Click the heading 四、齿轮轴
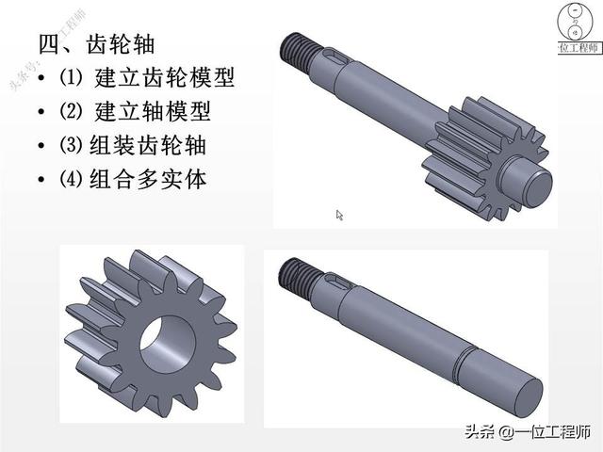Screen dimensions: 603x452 pyautogui.click(x=96, y=44)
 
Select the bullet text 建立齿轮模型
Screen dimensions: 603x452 pyautogui.click(x=165, y=77)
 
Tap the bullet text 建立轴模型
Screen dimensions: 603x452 pyautogui.click(x=153, y=111)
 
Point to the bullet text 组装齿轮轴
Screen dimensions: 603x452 pyautogui.click(x=148, y=145)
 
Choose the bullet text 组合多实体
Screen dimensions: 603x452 pyautogui.click(x=148, y=179)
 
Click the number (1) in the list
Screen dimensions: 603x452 pyautogui.click(x=71, y=77)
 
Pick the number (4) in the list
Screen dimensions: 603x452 pyautogui.click(x=71, y=179)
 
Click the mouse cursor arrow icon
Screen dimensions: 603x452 pyautogui.click(x=339, y=215)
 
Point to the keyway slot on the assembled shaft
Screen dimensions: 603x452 pyautogui.click(x=337, y=56)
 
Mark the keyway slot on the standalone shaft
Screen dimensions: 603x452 pyautogui.click(x=338, y=281)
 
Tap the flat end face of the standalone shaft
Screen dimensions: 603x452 pyautogui.click(x=528, y=398)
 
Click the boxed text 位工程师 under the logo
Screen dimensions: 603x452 pyautogui.click(x=579, y=48)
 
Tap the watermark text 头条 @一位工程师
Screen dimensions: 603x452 pyautogui.click(x=528, y=432)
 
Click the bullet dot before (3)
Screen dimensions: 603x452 pyautogui.click(x=41, y=146)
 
